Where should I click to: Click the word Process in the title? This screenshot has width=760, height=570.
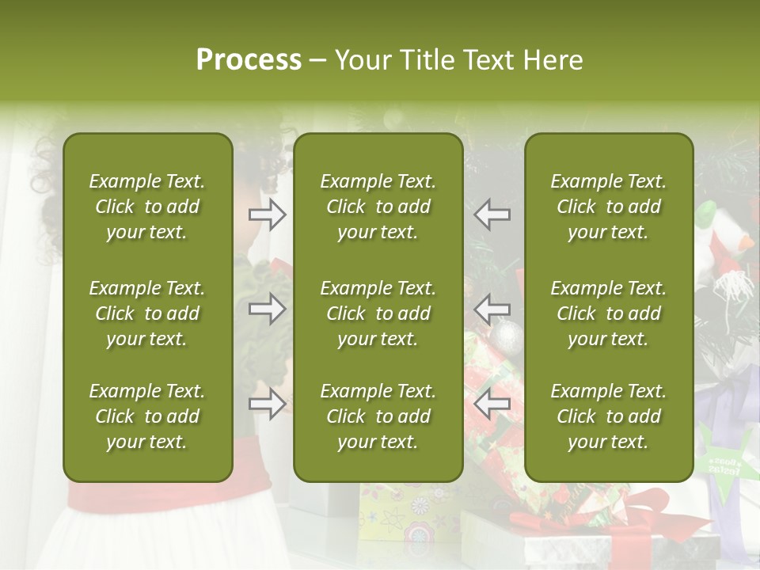249,59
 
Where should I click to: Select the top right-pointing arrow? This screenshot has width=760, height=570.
268,214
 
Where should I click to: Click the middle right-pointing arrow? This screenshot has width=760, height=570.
268,308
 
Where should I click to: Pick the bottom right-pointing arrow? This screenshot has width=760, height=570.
268,404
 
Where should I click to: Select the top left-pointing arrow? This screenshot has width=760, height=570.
492,214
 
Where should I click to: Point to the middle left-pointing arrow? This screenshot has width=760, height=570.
492,308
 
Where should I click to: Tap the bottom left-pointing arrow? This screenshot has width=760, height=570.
492,404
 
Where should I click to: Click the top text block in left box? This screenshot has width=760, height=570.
147,207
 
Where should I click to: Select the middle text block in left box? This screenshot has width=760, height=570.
147,313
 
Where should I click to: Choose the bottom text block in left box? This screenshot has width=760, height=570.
147,416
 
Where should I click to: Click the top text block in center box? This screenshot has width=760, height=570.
378,207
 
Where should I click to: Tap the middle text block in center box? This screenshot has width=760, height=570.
378,313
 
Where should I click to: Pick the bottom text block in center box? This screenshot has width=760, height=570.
378,416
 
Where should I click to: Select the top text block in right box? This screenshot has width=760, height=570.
609,207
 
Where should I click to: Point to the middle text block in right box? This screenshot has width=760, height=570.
609,313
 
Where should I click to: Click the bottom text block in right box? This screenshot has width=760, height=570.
609,416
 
